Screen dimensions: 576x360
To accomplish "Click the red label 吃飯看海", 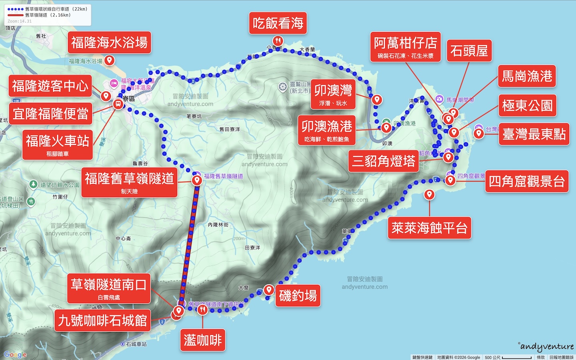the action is tap(278, 23).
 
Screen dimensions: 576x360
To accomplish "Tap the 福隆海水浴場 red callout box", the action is tap(109, 42).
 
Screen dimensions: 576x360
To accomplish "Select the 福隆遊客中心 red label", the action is tap(50, 86).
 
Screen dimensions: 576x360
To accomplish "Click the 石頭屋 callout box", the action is tap(469, 51).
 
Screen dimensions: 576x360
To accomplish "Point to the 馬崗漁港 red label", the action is tap(527, 76).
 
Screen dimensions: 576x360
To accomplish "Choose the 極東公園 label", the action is tap(527, 106).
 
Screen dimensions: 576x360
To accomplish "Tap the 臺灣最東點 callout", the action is tap(534, 134).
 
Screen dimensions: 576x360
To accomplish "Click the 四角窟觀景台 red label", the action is tap(526, 182).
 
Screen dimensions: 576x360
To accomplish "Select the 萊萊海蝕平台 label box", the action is tap(429, 228).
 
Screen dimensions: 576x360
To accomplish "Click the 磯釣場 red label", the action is tap(298, 296).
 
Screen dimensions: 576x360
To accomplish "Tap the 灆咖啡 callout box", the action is tap(202, 340).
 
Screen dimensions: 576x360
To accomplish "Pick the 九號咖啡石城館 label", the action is tap(102, 320).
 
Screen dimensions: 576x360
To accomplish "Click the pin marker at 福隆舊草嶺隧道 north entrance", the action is tap(197, 180).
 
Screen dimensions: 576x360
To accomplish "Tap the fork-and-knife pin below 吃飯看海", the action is tap(278, 41).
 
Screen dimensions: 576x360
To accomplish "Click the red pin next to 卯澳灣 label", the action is tap(377, 99).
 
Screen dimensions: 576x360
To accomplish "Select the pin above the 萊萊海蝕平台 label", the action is tap(429, 194).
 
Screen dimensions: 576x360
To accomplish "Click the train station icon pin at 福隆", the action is tap(118, 104).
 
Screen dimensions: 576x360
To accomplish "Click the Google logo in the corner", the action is tap(15, 354).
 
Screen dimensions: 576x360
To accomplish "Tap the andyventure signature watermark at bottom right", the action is tap(546, 346).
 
